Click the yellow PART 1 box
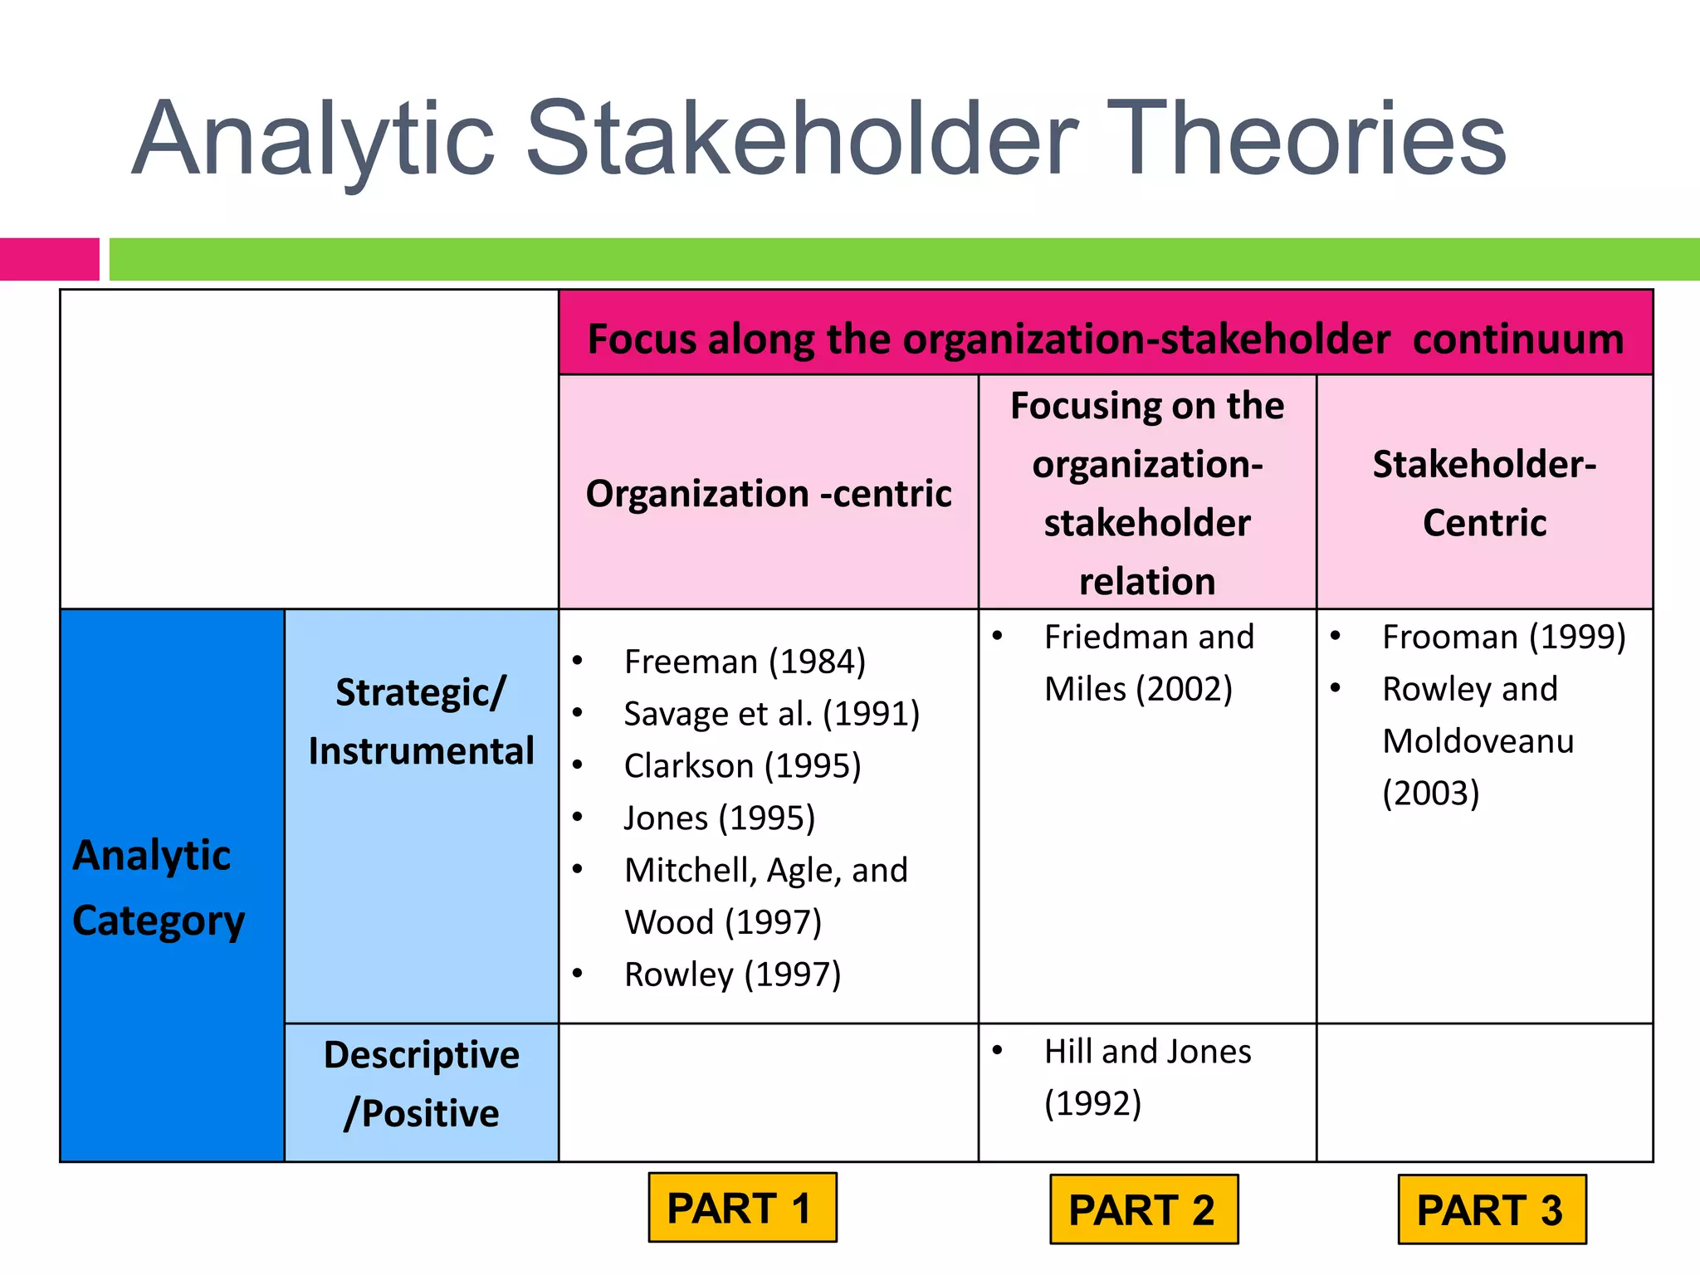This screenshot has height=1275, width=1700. click(x=742, y=1208)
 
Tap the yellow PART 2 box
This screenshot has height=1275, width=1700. click(x=1143, y=1209)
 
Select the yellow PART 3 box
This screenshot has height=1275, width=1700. click(x=1491, y=1209)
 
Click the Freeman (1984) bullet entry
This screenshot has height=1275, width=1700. click(x=745, y=662)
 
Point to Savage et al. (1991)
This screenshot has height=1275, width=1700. click(x=771, y=714)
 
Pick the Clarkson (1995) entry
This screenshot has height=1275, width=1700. click(x=742, y=765)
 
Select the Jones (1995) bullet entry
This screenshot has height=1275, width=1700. click(x=719, y=818)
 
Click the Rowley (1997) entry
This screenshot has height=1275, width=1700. click(x=732, y=974)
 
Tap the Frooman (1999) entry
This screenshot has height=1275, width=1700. click(x=1503, y=637)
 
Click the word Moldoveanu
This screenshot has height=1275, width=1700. click(x=1478, y=740)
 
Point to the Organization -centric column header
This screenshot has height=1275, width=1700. click(x=768, y=493)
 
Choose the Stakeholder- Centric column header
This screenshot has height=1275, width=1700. click(x=1484, y=493)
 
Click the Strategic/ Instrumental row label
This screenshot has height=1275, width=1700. click(x=421, y=721)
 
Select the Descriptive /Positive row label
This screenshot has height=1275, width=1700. click(x=421, y=1083)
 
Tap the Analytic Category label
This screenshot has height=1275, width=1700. click(x=158, y=887)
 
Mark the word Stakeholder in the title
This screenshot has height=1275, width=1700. click(x=802, y=139)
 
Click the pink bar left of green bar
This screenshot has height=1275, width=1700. click(x=49, y=259)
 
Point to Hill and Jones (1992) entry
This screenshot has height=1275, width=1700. click(x=1146, y=1077)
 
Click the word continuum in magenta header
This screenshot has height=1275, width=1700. click(x=1517, y=339)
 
